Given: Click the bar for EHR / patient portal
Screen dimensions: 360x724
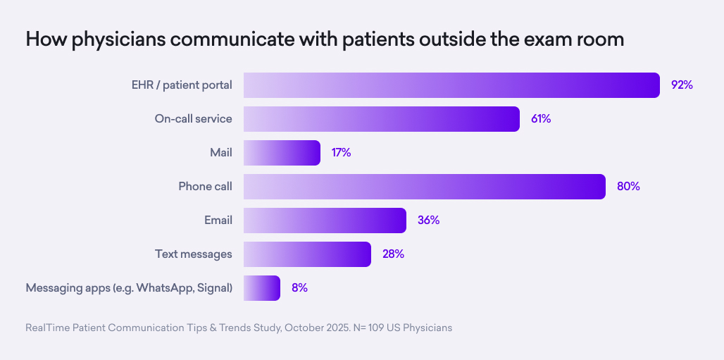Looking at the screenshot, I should [451, 85].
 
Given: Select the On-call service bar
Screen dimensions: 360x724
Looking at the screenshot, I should [382, 119].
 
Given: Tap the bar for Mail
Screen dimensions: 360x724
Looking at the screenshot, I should [282, 153].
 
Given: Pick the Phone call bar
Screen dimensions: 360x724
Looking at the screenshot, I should [425, 187].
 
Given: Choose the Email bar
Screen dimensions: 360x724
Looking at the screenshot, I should [325, 221].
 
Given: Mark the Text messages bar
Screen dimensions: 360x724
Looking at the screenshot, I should [307, 254].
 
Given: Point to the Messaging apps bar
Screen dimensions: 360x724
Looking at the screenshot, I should [262, 288].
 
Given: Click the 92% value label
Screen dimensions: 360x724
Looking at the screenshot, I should [682, 85].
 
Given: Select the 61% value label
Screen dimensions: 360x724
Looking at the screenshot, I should [541, 119].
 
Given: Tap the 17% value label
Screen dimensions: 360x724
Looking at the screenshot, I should [341, 153].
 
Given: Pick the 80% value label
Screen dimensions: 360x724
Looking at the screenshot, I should [628, 187].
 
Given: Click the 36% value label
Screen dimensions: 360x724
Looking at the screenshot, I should [428, 221].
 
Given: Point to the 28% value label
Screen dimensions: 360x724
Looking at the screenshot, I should [393, 254].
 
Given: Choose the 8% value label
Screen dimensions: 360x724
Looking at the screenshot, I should [299, 288].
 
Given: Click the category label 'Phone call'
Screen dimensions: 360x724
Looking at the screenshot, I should [205, 187].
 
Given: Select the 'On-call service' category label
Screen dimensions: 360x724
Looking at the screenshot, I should [193, 119].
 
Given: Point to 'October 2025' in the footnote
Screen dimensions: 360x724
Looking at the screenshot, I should [317, 328].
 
